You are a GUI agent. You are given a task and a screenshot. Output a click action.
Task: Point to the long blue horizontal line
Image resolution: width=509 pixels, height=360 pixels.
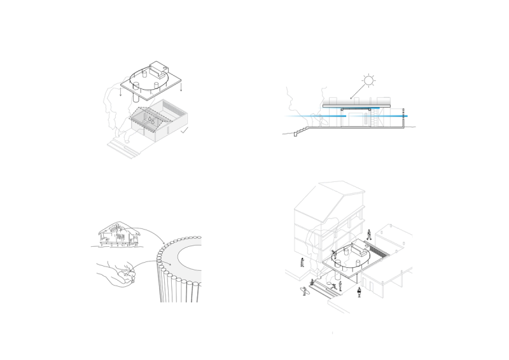click(344, 116)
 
